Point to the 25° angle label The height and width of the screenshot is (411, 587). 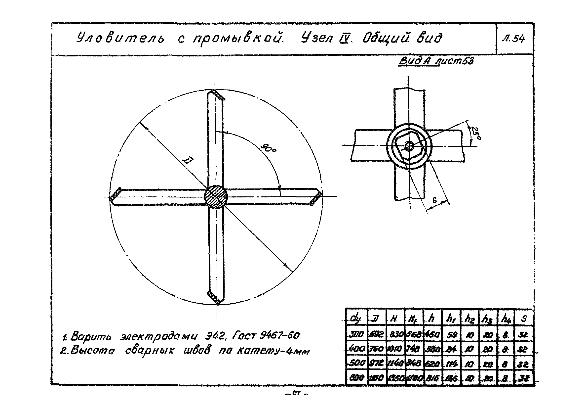point(476,134)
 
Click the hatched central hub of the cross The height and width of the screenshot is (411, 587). point(216,197)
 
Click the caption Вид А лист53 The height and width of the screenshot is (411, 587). point(436,61)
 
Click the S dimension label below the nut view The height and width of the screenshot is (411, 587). point(435,200)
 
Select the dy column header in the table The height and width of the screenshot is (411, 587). point(355,318)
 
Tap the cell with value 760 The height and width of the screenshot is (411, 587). point(377,349)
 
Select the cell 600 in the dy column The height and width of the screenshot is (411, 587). point(356,378)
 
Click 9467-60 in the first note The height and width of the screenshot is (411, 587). point(279,335)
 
